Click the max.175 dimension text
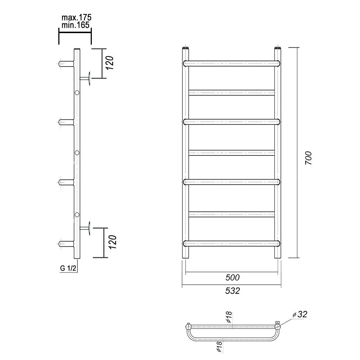(76, 17)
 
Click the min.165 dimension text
(76, 25)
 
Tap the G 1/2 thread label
(68, 268)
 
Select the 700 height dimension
(309, 158)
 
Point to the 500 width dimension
(232, 277)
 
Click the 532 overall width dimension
(232, 291)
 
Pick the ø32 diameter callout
(300, 314)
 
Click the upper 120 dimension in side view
(110, 63)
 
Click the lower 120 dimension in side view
(113, 242)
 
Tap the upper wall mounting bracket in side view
(85, 78)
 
